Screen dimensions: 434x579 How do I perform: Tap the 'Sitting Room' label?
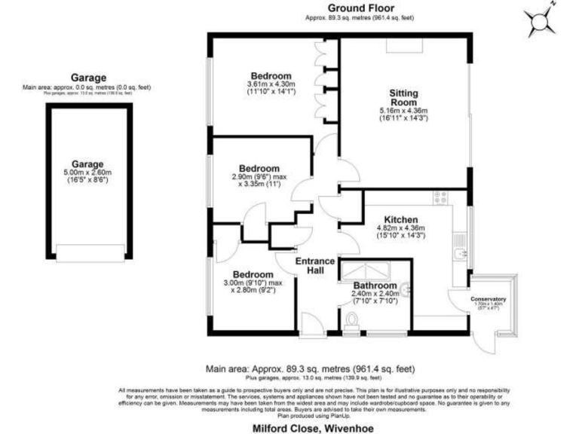pos(403,97)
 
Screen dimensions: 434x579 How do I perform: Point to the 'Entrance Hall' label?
pos(314,265)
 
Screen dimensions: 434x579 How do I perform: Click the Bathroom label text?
pos(375,286)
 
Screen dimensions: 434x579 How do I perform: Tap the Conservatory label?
pos(489,299)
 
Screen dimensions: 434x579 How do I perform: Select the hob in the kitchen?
pos(440,198)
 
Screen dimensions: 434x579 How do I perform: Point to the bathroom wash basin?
pos(405,287)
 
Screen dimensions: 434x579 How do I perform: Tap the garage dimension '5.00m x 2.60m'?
pos(87,173)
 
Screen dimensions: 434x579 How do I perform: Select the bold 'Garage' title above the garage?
pos(88,78)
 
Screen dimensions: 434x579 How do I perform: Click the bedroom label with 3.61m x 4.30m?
pos(271,76)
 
